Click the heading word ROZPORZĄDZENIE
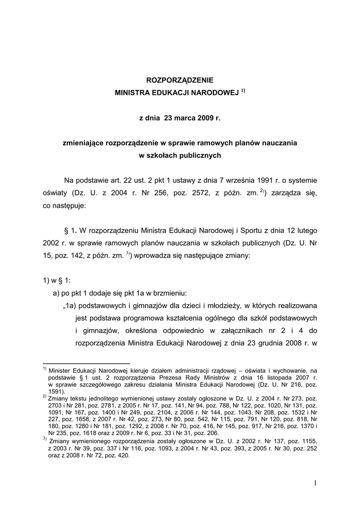coord(179,80)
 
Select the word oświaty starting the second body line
coord(55,192)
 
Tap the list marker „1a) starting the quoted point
coord(66,305)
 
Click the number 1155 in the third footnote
coord(307,441)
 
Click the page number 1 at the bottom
coord(315,482)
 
